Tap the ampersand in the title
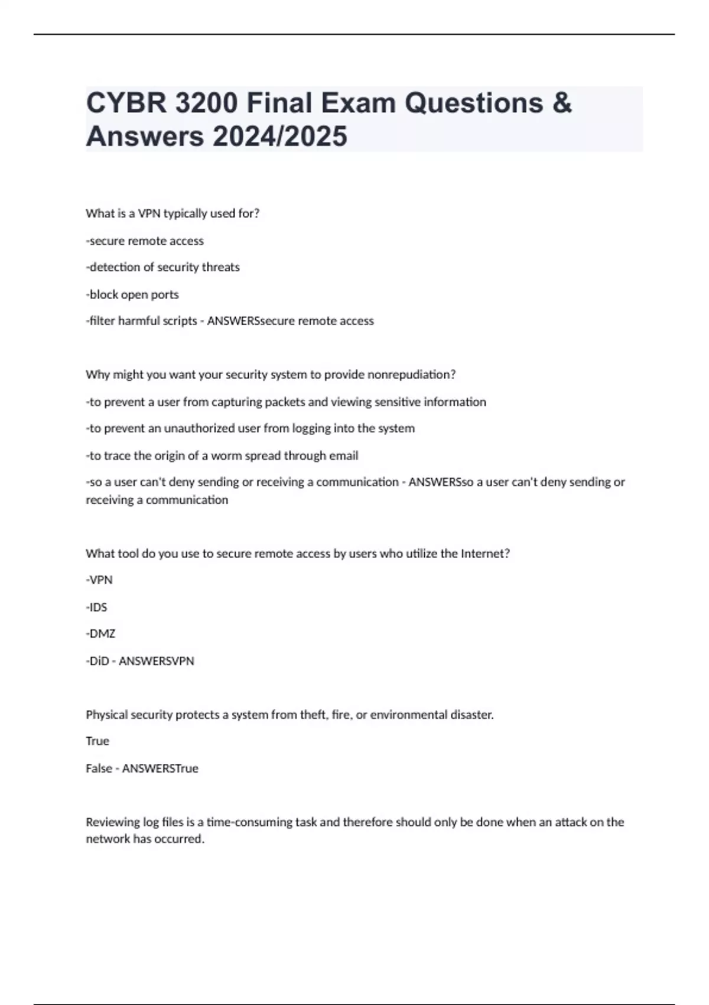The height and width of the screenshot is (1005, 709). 562,103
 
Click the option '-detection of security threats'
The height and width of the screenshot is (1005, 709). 162,267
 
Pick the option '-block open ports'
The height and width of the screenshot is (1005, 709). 132,294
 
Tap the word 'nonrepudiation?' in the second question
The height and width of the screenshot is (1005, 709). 411,375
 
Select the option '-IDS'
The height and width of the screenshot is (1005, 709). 96,607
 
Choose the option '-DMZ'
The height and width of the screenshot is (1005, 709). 100,634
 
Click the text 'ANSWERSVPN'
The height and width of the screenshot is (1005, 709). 157,661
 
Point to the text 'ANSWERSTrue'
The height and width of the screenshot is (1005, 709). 160,769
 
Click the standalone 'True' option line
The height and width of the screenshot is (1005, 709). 97,741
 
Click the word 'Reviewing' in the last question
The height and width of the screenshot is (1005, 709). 113,822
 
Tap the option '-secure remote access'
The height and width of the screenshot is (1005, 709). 145,241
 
